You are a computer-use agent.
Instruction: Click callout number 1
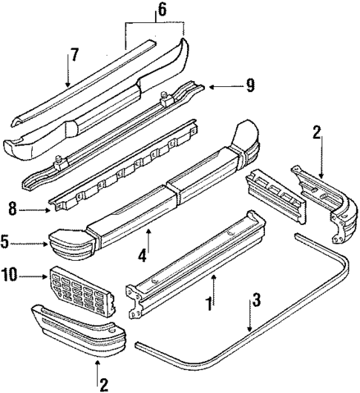click(209, 303)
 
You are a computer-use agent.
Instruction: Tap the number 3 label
click(255, 300)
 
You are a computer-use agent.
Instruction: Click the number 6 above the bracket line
click(163, 10)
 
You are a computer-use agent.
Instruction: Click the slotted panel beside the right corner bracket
click(275, 195)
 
